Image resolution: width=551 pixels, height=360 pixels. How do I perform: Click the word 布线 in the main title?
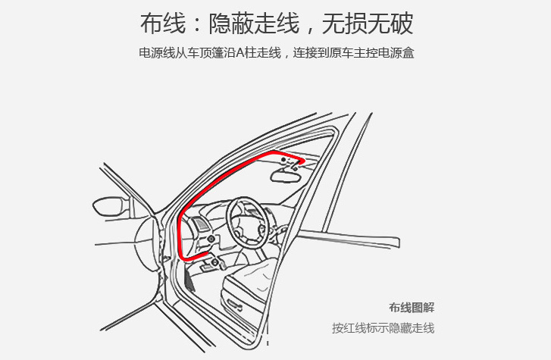point(163,23)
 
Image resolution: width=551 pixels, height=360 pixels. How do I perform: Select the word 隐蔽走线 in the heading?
point(254,23)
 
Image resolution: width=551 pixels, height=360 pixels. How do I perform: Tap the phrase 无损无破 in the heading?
point(368,23)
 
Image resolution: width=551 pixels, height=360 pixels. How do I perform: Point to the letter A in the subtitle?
point(240,53)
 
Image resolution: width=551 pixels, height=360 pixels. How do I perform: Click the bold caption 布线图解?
point(412,308)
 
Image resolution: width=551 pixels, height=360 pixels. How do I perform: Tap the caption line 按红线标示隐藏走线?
point(383,328)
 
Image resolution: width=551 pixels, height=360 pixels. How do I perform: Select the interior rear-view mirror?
point(285,175)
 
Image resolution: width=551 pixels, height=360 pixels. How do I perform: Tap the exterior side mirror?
point(110,206)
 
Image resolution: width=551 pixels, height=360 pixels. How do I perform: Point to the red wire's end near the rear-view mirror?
point(302,161)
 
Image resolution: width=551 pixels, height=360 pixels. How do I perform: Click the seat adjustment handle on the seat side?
point(234,305)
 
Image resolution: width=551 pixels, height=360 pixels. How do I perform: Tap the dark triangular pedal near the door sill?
point(189,280)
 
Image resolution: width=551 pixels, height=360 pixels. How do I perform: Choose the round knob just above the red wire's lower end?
point(211,239)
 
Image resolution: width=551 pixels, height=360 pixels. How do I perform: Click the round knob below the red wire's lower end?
point(215,262)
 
